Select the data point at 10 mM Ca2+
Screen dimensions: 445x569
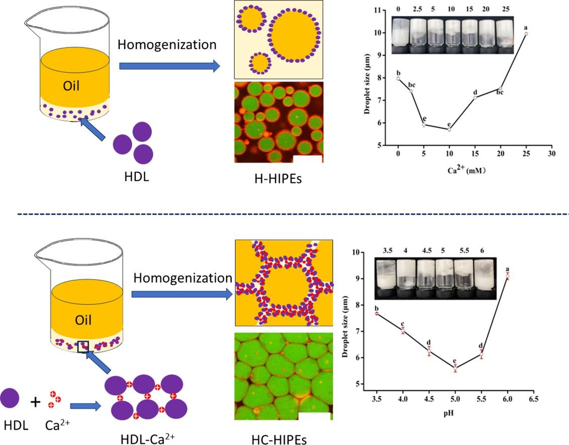click(x=449, y=130)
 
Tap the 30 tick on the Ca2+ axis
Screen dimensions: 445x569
click(x=551, y=153)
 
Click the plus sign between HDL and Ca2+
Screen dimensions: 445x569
click(x=35, y=402)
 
